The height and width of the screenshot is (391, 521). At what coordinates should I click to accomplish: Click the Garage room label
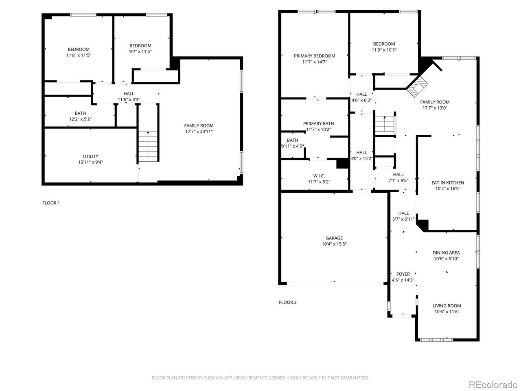334,238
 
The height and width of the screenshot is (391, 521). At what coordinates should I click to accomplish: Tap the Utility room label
90,156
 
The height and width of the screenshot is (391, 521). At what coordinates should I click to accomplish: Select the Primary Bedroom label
315,56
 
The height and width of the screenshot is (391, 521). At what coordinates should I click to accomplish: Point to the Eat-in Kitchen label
448,183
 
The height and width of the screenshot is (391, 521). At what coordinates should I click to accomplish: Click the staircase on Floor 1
147,147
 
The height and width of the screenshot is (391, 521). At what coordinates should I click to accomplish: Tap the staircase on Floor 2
385,124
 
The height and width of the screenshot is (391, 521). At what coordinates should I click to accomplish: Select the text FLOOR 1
51,203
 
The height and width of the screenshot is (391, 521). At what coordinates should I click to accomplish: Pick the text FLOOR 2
288,302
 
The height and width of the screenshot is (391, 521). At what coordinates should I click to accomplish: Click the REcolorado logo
493,384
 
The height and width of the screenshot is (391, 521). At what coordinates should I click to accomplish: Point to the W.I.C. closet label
319,176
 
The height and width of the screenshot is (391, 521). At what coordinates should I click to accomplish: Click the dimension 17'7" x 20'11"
199,132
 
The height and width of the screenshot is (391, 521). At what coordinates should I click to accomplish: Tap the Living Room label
447,306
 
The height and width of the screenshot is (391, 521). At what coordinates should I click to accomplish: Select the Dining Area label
446,253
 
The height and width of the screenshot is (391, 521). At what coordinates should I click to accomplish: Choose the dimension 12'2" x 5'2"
80,119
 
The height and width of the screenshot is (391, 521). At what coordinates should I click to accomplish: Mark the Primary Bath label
318,123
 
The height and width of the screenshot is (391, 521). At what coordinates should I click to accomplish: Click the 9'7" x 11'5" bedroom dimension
140,52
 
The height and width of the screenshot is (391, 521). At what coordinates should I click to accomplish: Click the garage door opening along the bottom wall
335,283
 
